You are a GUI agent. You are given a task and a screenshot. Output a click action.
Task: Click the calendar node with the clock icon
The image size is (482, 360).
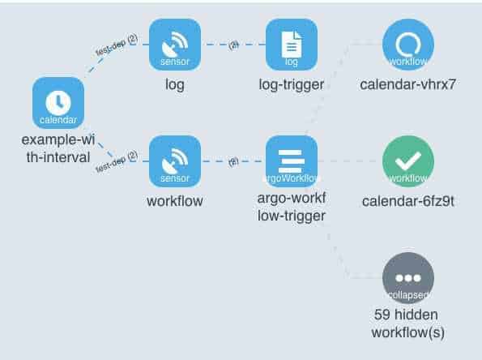click(x=58, y=103)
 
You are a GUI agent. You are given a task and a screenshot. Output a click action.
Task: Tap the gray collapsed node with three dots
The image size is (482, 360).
click(x=407, y=278)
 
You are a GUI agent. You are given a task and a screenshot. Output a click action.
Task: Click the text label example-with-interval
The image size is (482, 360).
click(x=56, y=148)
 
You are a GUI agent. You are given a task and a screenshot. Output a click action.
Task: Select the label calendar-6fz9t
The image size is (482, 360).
click(x=407, y=201)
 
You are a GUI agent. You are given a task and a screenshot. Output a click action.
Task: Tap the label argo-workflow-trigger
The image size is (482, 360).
click(x=291, y=208)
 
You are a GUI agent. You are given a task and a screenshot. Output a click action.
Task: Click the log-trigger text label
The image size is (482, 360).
click(x=291, y=84)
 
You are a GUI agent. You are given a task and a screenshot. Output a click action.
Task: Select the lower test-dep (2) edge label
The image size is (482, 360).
click(x=117, y=161)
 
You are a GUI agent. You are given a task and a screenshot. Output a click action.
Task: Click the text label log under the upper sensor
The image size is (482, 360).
click(x=174, y=84)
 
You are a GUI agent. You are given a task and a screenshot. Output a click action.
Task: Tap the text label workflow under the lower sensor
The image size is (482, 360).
click(x=174, y=200)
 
